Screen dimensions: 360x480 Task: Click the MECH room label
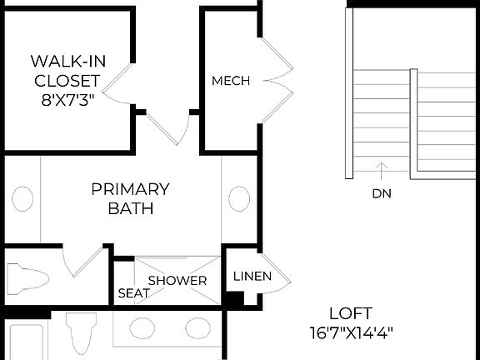click(x=231, y=81)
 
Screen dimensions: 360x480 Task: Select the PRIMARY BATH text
click(x=130, y=198)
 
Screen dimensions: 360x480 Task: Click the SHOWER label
click(x=177, y=281)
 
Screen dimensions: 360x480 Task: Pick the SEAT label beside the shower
click(x=133, y=293)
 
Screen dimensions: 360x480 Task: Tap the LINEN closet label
click(x=252, y=277)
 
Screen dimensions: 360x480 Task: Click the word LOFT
click(x=350, y=314)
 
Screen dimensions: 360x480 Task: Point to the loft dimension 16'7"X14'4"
click(x=350, y=333)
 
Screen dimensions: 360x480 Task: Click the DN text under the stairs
click(x=382, y=193)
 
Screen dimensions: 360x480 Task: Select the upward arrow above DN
click(x=382, y=171)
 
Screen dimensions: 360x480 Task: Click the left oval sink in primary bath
click(x=22, y=199)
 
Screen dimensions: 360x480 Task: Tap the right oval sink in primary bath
click(x=239, y=198)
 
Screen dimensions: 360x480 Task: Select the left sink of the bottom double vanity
click(x=142, y=328)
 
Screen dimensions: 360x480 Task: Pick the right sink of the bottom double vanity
click(x=197, y=328)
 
